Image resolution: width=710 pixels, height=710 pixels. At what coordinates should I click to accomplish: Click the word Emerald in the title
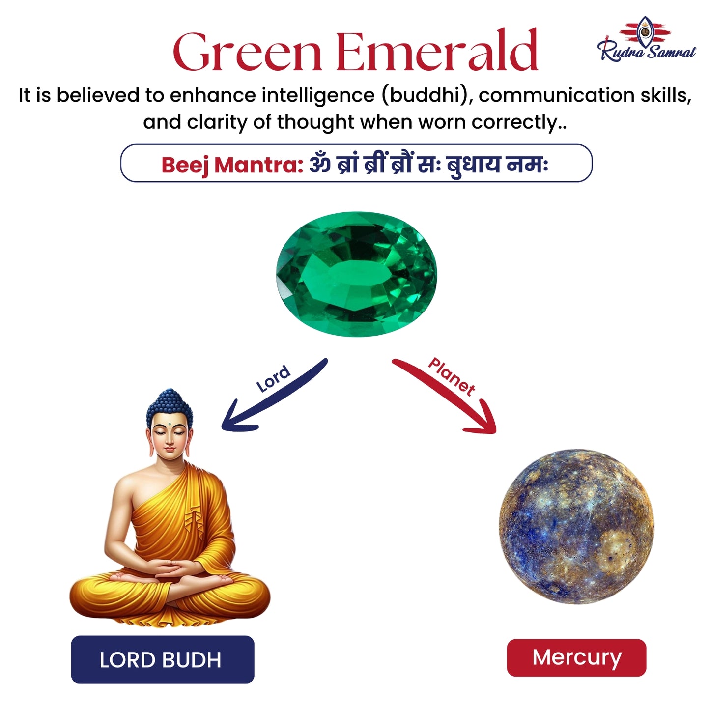(x=437, y=52)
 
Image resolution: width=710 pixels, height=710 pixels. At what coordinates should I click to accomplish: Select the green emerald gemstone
(x=356, y=274)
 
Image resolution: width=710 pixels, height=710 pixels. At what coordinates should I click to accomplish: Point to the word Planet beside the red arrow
(x=452, y=376)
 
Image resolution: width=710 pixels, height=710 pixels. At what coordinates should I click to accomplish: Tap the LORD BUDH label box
(x=162, y=659)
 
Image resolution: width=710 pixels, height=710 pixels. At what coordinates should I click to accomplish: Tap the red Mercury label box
(x=576, y=657)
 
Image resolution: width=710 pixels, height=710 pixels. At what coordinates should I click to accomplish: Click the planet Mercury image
(x=576, y=526)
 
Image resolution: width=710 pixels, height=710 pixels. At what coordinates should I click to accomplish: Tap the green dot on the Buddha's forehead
(x=169, y=424)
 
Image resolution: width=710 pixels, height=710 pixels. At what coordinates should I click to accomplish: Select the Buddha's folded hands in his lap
(x=170, y=570)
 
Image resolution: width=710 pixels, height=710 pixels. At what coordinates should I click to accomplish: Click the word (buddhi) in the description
(x=426, y=95)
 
